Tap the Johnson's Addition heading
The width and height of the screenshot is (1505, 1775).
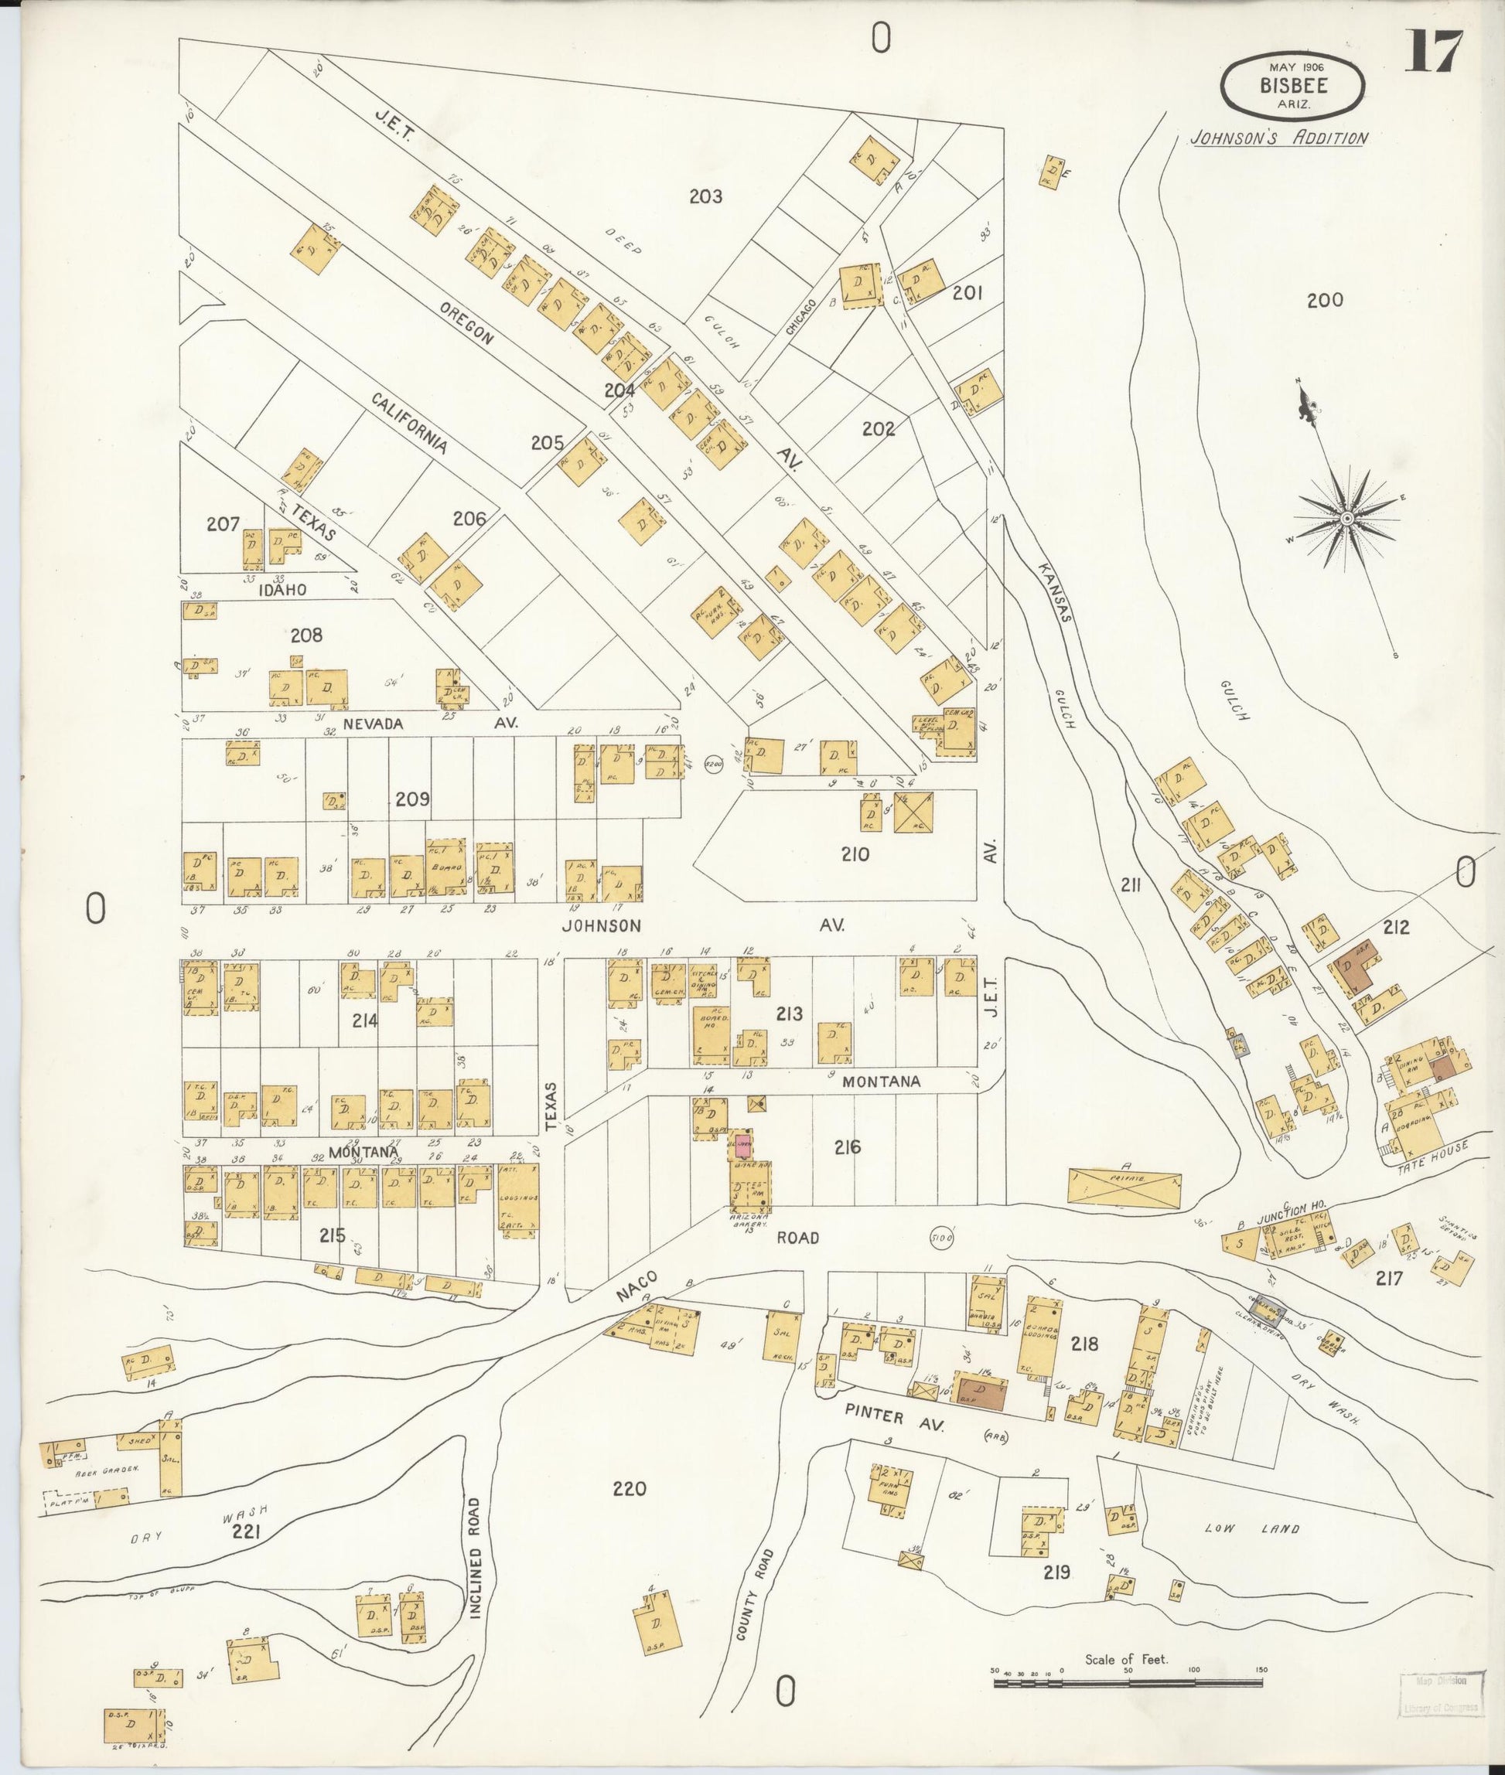pyautogui.click(x=1280, y=138)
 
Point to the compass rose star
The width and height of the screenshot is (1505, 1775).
pyautogui.click(x=1346, y=518)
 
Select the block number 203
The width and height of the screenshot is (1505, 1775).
pyautogui.click(x=705, y=197)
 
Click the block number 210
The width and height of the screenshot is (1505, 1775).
pyautogui.click(x=855, y=853)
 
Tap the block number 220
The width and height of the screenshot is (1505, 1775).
pyautogui.click(x=630, y=1488)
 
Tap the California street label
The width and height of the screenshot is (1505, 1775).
pyautogui.click(x=410, y=423)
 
